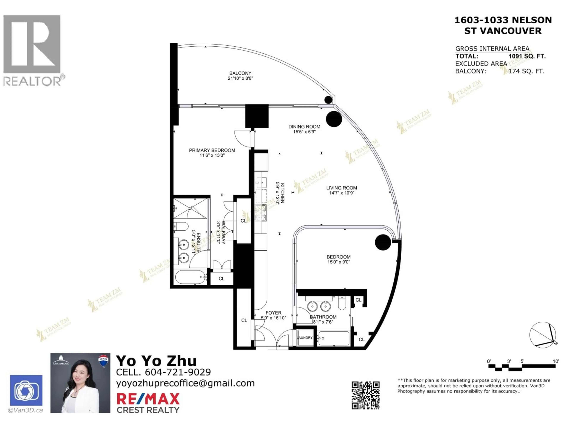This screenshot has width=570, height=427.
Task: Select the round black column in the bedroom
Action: [383, 242]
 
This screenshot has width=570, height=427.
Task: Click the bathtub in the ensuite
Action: [191, 277]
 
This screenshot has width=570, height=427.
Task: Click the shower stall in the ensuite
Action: [190, 208]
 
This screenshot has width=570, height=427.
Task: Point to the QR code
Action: [365, 395]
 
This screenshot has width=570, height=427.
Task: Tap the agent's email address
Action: [185, 383]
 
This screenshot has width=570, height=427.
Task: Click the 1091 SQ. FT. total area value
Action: [527, 56]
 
